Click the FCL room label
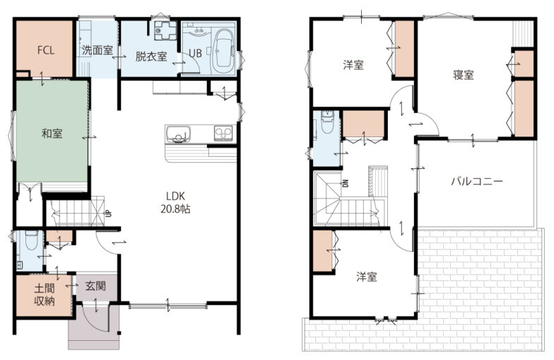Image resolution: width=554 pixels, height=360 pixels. coord(46,50)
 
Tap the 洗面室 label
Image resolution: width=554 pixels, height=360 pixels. coord(98,50)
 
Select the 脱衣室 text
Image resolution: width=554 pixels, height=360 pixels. coord(151,57)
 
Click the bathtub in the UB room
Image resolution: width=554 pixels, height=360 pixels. coord(223,48)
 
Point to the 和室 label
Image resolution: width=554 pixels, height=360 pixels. coord(52,134)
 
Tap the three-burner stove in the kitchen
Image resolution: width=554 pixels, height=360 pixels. coord(223,134)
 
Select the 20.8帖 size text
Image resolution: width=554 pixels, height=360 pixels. coord(175,209)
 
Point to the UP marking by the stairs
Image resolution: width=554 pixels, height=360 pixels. coord(109,214)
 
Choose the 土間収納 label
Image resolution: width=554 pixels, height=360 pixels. coord(45,295)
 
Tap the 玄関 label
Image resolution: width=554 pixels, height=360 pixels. coord(95,286)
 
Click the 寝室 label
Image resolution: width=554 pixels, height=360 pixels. coord(464,75)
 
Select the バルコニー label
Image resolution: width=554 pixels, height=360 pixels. coord(477,182)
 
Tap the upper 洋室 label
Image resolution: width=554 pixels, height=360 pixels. coord(353,65)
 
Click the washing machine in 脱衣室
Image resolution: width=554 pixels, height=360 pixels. coord(165,30)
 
